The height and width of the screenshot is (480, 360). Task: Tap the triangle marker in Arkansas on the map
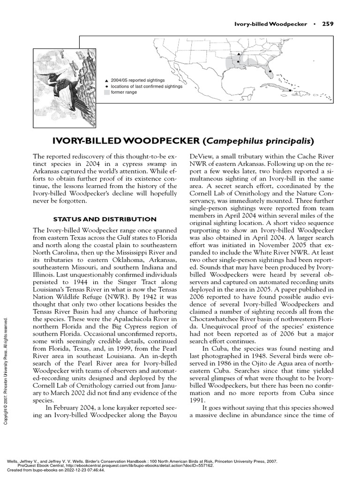(x=238, y=55)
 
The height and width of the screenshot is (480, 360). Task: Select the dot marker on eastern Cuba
(x=291, y=90)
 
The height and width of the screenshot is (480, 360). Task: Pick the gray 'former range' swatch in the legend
(x=107, y=93)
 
